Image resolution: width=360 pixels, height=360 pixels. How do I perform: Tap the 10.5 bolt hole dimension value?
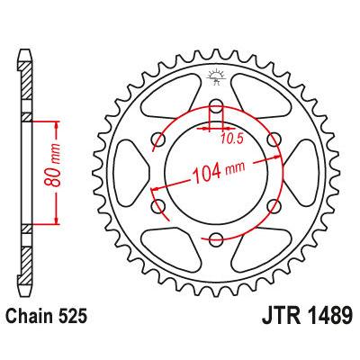(233, 138)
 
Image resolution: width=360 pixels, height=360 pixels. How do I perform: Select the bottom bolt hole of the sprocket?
(216, 238)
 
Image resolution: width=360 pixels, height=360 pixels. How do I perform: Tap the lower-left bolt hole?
(161, 206)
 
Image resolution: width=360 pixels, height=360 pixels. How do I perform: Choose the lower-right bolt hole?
(271, 206)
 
